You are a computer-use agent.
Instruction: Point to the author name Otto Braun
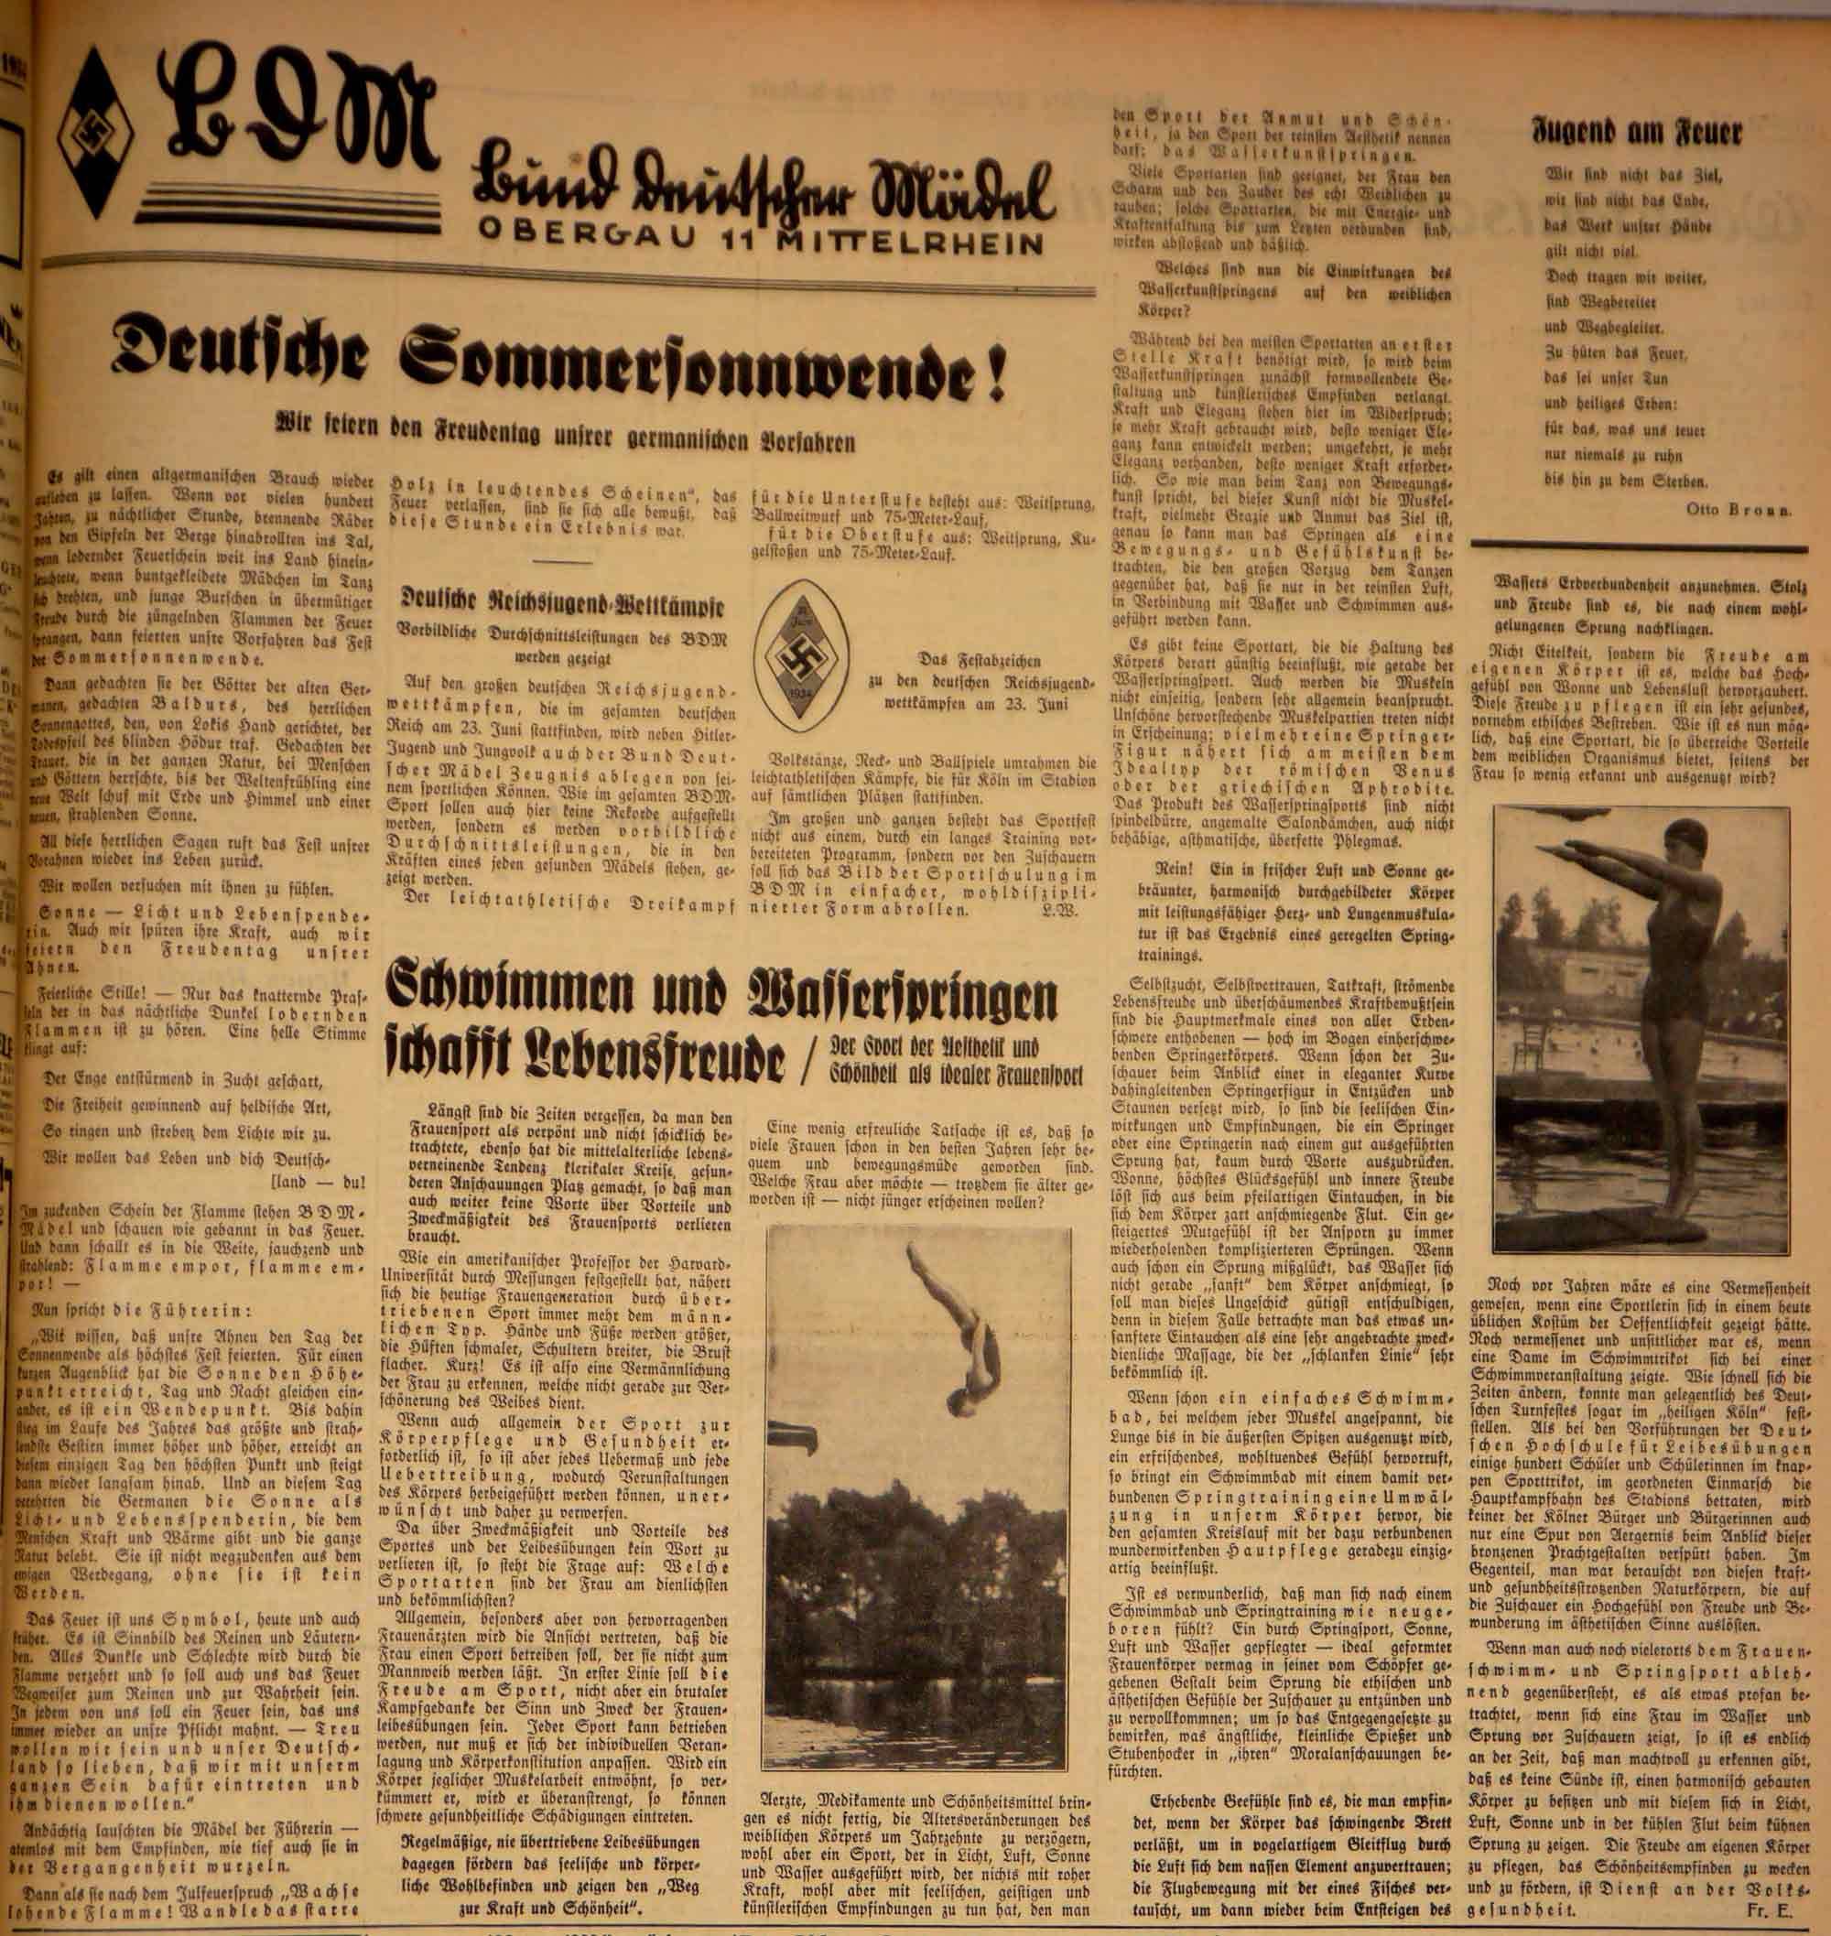coord(1737,509)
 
